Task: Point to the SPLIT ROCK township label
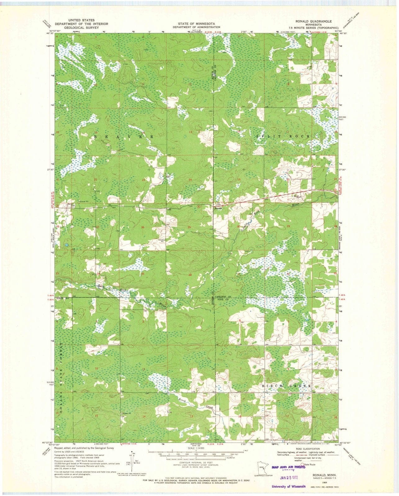[x=283, y=136]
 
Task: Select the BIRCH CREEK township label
[x=286, y=386]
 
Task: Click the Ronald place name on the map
[x=219, y=209]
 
